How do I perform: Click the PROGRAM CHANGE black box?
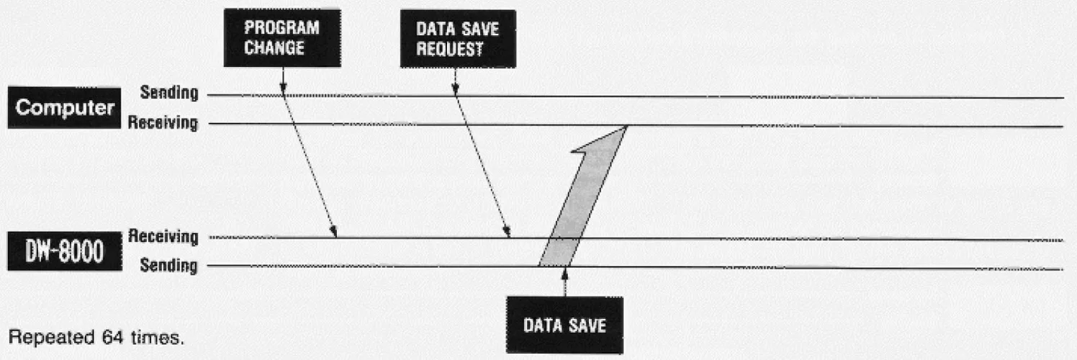coord(282,38)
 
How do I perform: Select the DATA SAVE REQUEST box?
coord(457,39)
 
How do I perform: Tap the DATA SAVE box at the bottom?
coord(564,325)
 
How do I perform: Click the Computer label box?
coord(64,108)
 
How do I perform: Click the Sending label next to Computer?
coord(168,93)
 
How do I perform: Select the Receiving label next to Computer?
coord(163,123)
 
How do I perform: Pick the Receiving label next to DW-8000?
coord(163,236)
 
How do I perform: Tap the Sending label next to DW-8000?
coord(168,266)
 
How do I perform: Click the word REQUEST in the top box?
coord(449,50)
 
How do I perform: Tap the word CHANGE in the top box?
coord(274,49)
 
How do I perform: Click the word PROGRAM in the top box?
coord(281,30)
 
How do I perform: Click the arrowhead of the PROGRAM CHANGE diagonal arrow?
coord(334,232)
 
